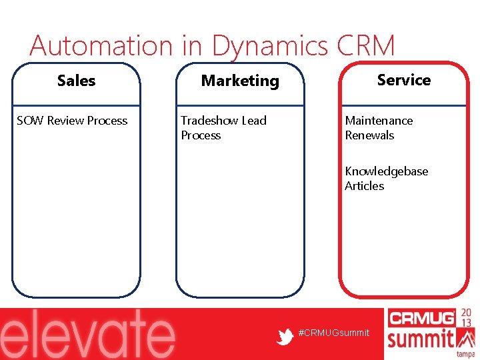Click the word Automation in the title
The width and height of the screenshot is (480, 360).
point(101,46)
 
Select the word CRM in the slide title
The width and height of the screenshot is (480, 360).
point(366,46)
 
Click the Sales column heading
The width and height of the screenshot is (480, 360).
point(76,81)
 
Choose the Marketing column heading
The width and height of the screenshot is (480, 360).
point(240,81)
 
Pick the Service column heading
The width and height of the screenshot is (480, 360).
point(403,80)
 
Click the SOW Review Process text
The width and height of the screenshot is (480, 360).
point(72,121)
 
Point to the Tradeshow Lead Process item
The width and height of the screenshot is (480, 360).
point(223,128)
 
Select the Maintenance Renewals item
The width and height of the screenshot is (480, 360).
point(379,128)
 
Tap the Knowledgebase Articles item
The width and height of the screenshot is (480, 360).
point(386,179)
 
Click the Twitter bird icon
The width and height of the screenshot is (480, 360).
point(285,337)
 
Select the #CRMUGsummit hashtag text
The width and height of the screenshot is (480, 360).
point(334,333)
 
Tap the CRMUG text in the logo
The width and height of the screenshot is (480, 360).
point(421,318)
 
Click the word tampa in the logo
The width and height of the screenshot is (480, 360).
point(465,354)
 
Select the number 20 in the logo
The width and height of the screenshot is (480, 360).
point(467,314)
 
